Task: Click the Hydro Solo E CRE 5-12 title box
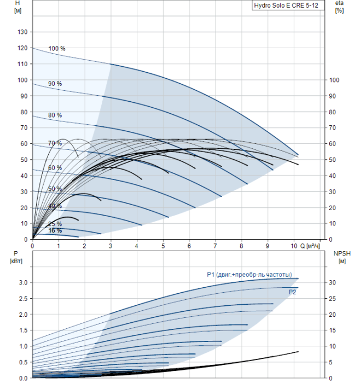pos(288,5)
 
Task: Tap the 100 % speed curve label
pos(57,49)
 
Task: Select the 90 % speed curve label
pos(55,84)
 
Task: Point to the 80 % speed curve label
pos(55,115)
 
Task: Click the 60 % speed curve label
pos(55,168)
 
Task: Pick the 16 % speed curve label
pos(55,230)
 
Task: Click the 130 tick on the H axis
pos(22,32)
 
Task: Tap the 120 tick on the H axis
pos(22,48)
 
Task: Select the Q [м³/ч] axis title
pos(310,246)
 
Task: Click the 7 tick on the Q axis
pos(215,246)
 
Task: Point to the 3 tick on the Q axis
pos(111,246)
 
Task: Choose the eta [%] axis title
pos(340,7)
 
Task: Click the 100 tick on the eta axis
pos(334,80)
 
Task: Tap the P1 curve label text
pos(249,275)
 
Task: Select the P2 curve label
pos(292,292)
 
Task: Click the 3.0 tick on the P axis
pos(23,283)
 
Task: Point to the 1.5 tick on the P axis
pos(23,330)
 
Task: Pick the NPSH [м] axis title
pos(342,258)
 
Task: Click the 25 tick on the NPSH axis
pos(332,299)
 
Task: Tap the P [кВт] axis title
pos(16,257)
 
